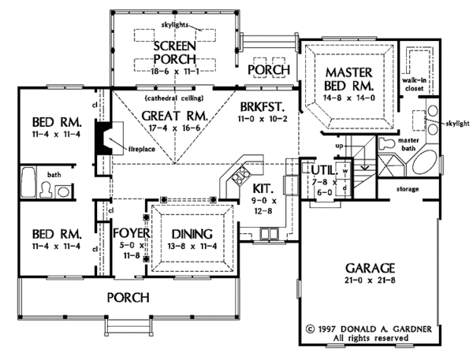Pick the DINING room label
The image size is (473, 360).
pyautogui.click(x=192, y=234)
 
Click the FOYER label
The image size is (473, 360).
pyautogui.click(x=125, y=234)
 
